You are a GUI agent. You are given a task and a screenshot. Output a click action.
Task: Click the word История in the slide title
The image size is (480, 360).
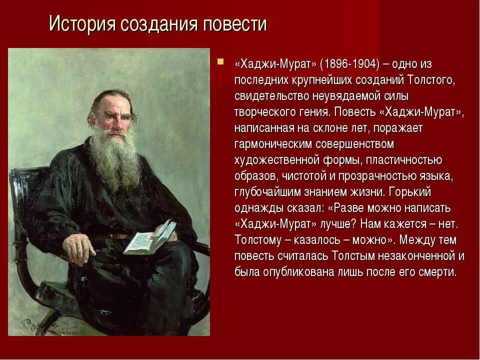(79, 24)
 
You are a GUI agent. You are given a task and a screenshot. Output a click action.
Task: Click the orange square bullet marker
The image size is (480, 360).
(220, 62)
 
